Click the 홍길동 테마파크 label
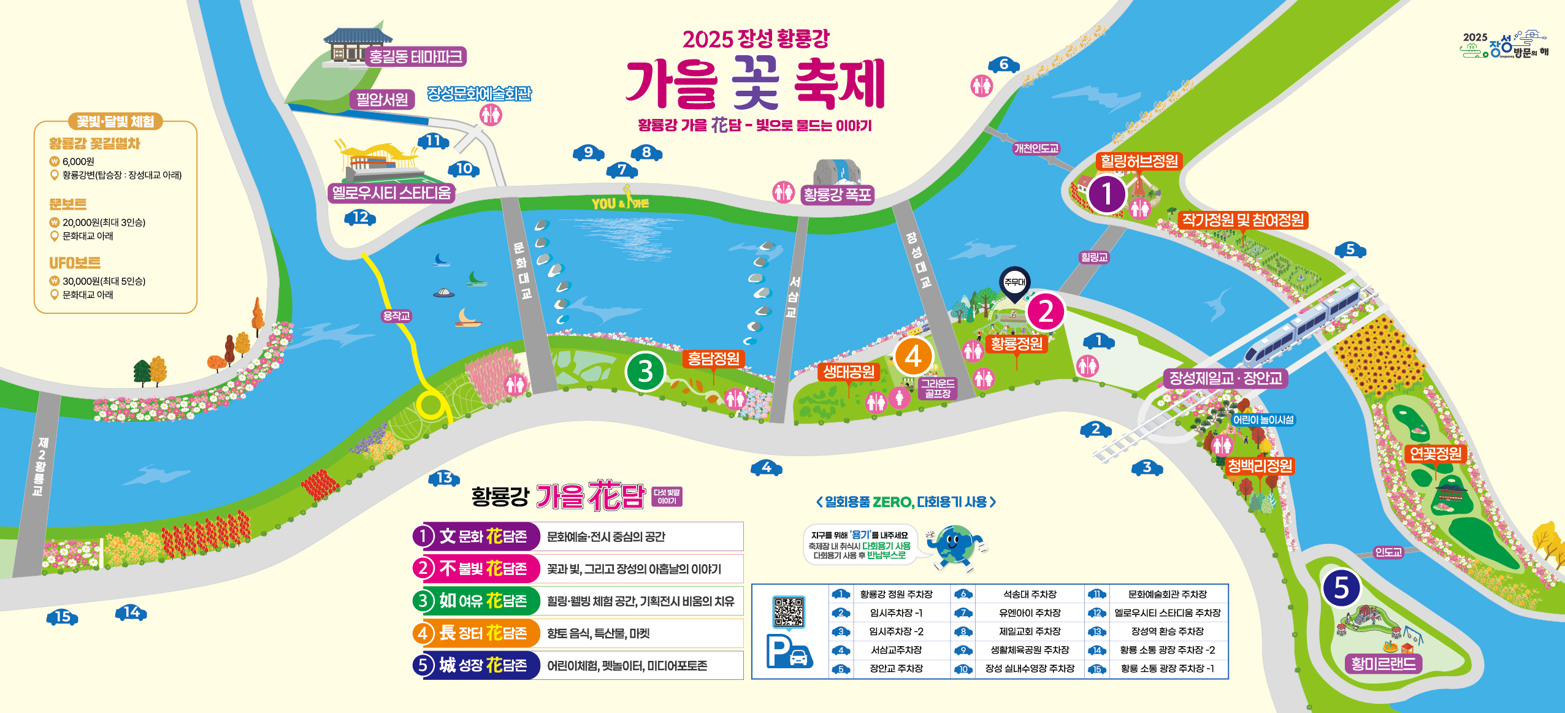415,57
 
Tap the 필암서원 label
382,99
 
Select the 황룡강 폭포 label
837,195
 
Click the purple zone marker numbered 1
1106,194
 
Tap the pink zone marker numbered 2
1046,311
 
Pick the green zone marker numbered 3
645,372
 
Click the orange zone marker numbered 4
913,356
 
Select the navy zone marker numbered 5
1341,587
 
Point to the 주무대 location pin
1015,283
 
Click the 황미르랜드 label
1383,664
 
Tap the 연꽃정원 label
1435,454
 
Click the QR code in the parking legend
788,611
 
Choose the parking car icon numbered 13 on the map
444,478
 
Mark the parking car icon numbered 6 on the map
1003,64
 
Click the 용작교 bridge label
396,316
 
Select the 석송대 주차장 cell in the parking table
1030,594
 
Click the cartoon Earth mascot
955,546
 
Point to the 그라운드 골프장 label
937,388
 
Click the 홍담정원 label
713,359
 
